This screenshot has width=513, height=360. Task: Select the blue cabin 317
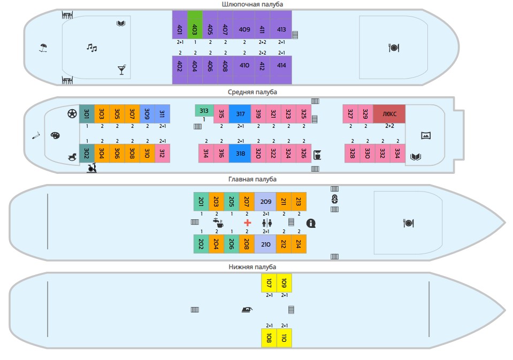[240, 114]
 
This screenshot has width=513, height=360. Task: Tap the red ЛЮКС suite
[389, 113]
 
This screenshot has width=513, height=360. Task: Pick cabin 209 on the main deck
[266, 202]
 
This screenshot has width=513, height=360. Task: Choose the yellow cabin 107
[269, 283]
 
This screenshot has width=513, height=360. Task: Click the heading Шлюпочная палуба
[252, 4]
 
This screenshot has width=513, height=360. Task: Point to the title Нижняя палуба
[252, 266]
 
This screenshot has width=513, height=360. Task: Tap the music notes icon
[92, 48]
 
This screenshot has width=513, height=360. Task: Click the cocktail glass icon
[121, 70]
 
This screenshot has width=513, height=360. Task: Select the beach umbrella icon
[43, 48]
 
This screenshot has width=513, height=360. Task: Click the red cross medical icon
[247, 223]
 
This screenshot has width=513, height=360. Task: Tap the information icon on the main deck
[311, 223]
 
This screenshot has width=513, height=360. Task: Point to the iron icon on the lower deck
[246, 309]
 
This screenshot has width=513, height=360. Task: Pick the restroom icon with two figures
[266, 223]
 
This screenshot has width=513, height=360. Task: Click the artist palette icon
[55, 135]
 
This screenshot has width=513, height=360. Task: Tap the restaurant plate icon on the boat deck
[394, 48]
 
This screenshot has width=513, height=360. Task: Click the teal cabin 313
[204, 111]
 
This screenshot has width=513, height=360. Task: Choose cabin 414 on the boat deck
[281, 65]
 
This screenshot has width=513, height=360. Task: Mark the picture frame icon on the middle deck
[426, 135]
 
